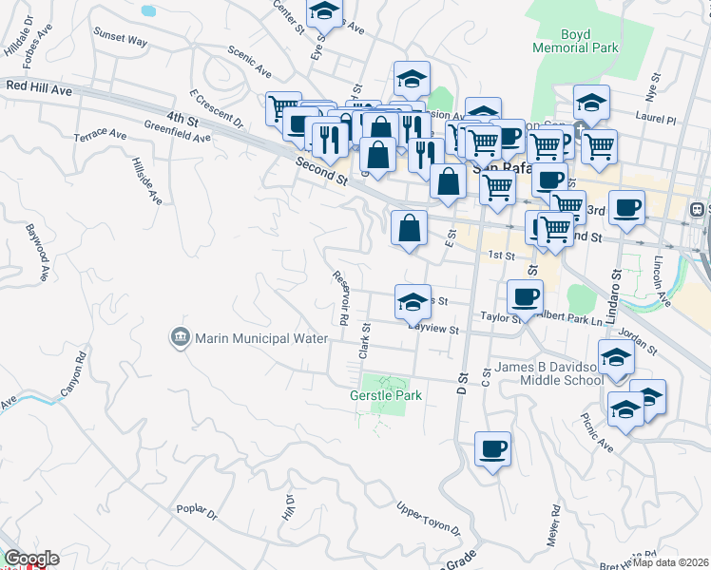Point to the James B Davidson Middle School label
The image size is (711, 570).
tap(547, 374)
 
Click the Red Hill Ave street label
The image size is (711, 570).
tap(39, 86)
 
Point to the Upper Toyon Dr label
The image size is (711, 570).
tap(428, 520)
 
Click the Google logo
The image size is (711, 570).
tap(31, 559)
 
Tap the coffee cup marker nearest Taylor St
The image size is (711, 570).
tap(525, 296)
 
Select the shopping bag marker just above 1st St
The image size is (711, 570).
tap(409, 228)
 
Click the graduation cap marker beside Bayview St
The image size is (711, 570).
tap(413, 302)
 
